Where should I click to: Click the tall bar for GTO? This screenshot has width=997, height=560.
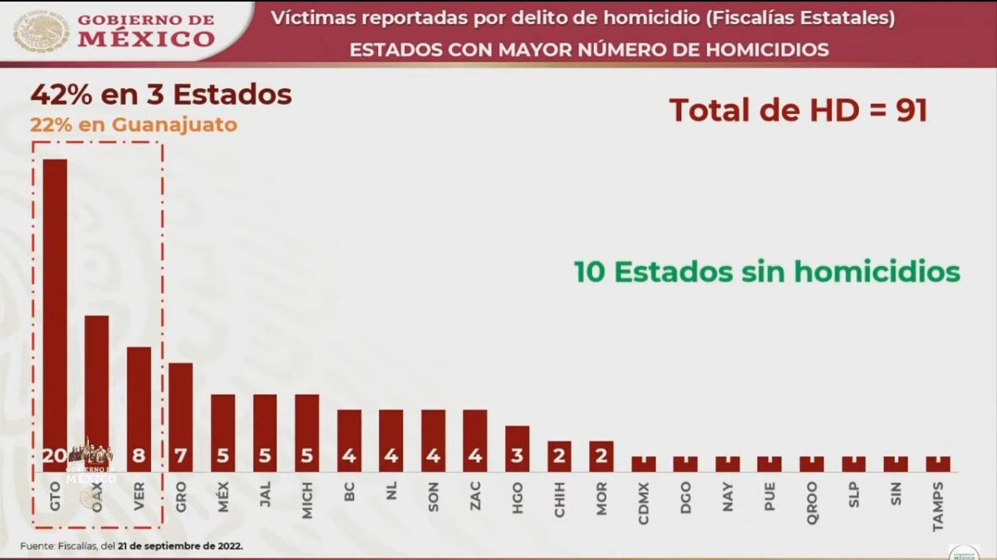pyautogui.click(x=55, y=307)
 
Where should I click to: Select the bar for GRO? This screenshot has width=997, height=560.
pyautogui.click(x=180, y=411)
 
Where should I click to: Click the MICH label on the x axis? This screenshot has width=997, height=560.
pyautogui.click(x=307, y=499)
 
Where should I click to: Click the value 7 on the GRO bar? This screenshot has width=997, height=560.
pyautogui.click(x=180, y=456)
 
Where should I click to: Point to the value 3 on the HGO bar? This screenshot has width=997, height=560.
pyautogui.click(x=517, y=456)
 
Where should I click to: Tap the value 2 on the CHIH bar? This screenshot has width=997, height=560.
pyautogui.click(x=559, y=456)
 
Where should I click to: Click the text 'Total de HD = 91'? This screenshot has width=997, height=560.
pyautogui.click(x=798, y=111)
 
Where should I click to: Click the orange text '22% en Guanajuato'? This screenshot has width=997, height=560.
pyautogui.click(x=134, y=125)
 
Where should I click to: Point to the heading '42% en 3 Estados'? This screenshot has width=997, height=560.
pyautogui.click(x=161, y=95)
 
